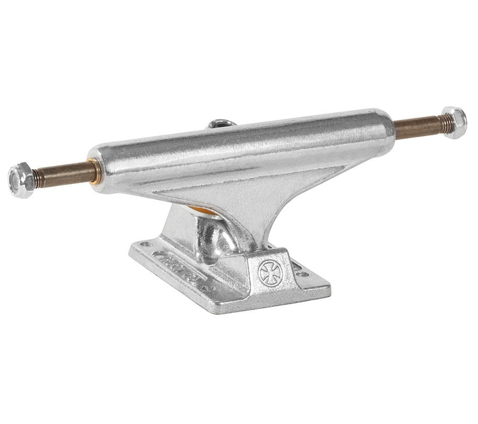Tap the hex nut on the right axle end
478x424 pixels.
click(454, 122)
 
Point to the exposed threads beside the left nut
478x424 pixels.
click(38, 178)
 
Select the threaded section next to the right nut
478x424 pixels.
click(440, 125)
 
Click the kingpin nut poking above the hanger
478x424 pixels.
click(221, 124)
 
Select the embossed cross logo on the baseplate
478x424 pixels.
click(270, 273)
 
